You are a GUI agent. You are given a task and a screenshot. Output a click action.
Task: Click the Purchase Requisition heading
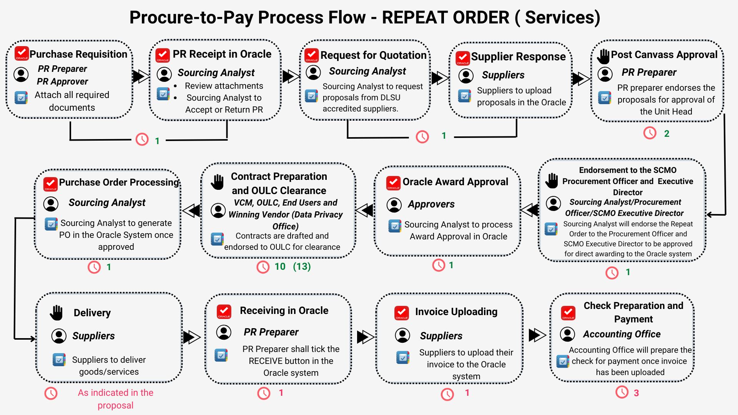[x=78, y=54]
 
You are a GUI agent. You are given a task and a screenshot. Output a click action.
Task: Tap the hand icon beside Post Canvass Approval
[x=603, y=56]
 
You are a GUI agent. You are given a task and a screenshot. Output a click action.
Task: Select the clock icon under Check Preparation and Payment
[x=622, y=392]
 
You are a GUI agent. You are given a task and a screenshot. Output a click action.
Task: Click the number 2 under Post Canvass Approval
[x=667, y=134]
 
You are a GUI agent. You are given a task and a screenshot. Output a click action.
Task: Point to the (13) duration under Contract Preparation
[x=302, y=266]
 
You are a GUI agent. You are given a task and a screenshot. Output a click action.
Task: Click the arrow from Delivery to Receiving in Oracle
[x=191, y=337]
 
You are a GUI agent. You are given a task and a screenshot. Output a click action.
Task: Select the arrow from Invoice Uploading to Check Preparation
[x=537, y=335]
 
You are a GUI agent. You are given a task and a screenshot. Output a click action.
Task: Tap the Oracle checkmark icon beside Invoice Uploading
[x=402, y=313]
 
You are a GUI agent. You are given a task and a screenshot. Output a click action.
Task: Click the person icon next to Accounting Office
[x=567, y=334]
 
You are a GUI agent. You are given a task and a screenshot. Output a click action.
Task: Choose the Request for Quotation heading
[x=373, y=55]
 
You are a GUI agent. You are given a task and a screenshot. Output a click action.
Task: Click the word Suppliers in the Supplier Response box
[x=503, y=75]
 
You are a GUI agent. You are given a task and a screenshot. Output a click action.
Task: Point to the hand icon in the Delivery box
[x=56, y=313]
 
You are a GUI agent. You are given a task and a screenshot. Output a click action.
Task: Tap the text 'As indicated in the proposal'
[x=115, y=399]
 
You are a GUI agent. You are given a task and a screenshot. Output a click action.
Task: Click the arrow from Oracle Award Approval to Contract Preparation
[x=364, y=210]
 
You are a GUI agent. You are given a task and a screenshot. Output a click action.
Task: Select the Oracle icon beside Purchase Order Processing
[x=50, y=184]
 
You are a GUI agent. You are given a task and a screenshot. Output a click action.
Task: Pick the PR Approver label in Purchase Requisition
[x=62, y=81]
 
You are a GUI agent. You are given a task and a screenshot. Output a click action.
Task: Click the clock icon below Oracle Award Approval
[x=439, y=265]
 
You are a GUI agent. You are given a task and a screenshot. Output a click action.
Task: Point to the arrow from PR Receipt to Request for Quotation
[x=291, y=76]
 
